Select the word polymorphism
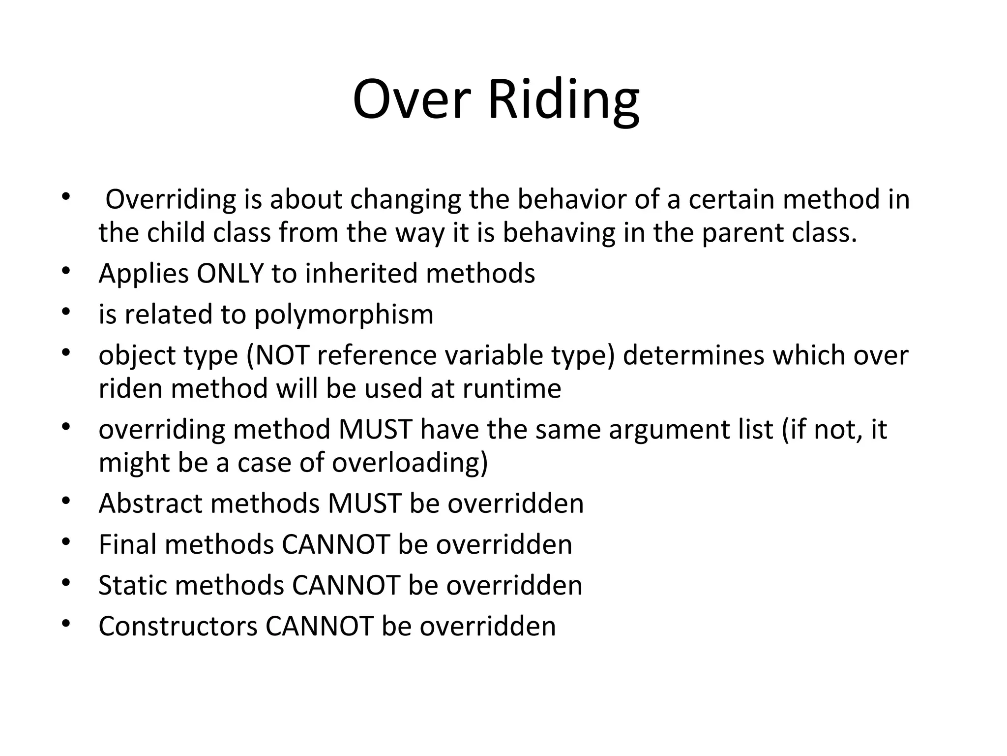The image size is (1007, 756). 344,315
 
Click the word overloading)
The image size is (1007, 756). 410,463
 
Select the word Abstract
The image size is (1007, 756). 150,504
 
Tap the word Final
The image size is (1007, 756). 128,545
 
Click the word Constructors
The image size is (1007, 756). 178,627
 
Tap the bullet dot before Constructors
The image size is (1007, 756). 66,624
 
